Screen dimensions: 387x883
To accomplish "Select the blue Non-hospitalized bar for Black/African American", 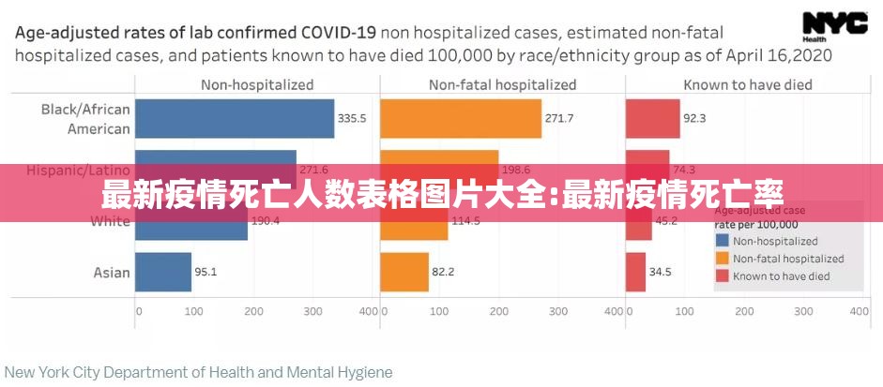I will (x=235, y=119).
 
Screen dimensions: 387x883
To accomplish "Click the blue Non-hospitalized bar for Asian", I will (x=163, y=272).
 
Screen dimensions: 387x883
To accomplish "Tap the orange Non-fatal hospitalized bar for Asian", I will (x=403, y=272).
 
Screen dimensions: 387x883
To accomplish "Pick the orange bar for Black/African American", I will (x=461, y=119).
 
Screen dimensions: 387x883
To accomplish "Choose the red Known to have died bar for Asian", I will (x=635, y=272).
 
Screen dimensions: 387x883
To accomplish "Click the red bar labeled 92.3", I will (x=652, y=119).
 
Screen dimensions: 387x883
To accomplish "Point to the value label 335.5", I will (x=352, y=119).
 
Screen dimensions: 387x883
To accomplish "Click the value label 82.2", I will (x=443, y=273).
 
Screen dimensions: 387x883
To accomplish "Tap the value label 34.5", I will (x=660, y=273).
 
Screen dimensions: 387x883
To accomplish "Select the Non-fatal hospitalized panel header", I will (x=502, y=84).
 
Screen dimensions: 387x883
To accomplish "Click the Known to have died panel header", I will (x=747, y=84).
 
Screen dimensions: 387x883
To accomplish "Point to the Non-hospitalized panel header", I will (x=257, y=84).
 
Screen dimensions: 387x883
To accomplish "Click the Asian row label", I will (x=112, y=273).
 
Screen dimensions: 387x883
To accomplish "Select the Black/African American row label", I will (x=85, y=119).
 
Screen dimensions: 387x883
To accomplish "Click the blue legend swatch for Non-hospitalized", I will (x=722, y=241).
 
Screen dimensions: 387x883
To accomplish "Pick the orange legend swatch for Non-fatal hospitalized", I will (x=722, y=259).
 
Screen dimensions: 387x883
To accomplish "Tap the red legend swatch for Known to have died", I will (x=722, y=276).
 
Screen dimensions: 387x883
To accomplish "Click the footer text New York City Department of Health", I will (x=198, y=372).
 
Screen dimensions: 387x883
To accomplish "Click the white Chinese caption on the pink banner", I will (x=441, y=195).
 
